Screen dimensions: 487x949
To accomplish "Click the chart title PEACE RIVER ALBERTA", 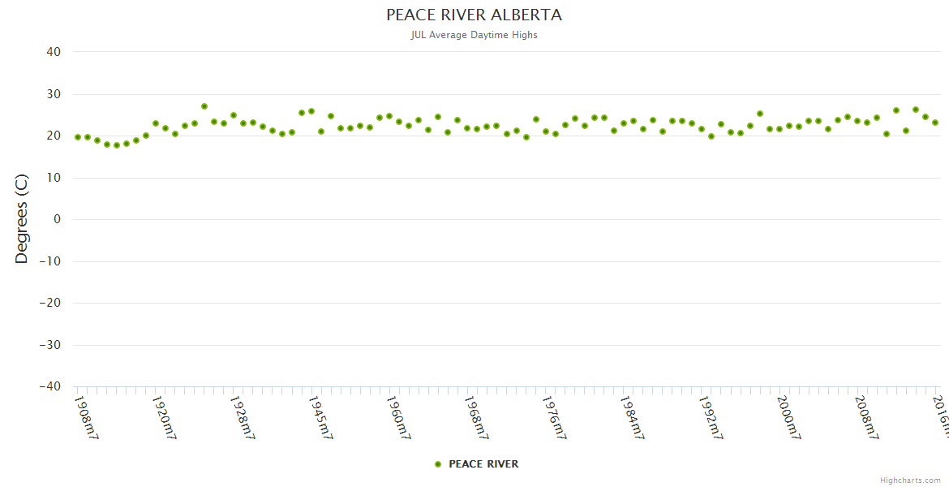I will [x=474, y=15].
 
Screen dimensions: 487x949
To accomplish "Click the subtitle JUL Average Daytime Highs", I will [x=474, y=35].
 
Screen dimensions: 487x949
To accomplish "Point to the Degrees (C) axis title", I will [x=22, y=219].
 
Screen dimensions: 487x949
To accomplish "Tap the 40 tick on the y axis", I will [x=54, y=52].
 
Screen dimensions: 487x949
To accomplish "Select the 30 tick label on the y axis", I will [x=54, y=94].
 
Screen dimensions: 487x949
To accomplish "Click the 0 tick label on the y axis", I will [x=57, y=219].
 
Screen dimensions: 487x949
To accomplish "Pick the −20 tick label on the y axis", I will [x=49, y=303].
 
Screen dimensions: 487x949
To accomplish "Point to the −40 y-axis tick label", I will [x=49, y=386].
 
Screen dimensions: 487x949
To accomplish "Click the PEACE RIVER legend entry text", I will [x=483, y=464].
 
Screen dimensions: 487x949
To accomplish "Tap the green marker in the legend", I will [x=438, y=464].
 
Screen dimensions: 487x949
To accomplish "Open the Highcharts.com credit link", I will [x=911, y=480].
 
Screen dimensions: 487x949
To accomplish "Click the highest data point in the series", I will [x=204, y=106].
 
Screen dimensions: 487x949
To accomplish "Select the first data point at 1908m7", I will [x=78, y=137].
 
